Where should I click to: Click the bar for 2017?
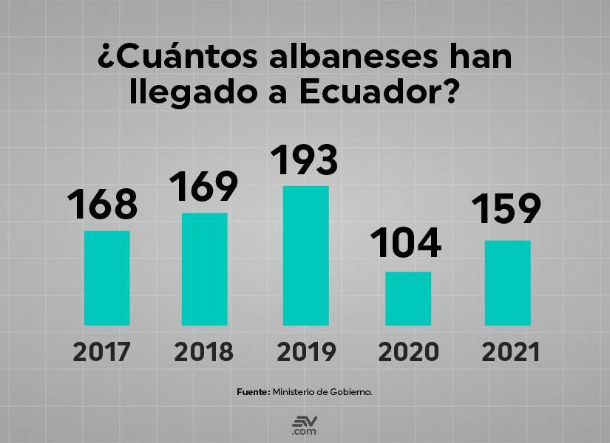click(x=106, y=278)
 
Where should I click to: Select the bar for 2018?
click(x=204, y=269)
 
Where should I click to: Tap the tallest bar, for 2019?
click(x=306, y=255)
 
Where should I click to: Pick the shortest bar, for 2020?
click(x=407, y=298)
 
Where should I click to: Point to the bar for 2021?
click(x=508, y=283)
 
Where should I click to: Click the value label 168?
click(x=103, y=205)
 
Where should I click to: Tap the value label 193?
click(x=304, y=159)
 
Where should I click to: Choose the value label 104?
click(x=406, y=244)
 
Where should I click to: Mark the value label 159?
click(x=507, y=210)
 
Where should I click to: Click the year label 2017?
click(x=102, y=352)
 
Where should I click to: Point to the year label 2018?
click(x=204, y=352)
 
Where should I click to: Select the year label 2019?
click(x=306, y=352)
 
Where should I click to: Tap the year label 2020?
click(x=408, y=352)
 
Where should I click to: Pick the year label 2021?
click(x=510, y=352)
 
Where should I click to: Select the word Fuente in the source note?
click(x=253, y=391)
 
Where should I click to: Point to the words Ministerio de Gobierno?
click(x=322, y=391)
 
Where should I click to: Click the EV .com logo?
click(x=304, y=425)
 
